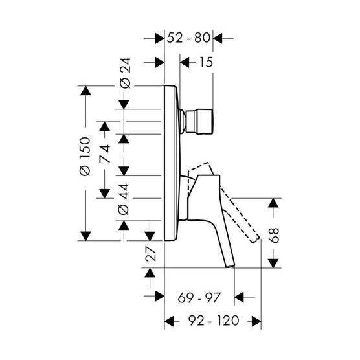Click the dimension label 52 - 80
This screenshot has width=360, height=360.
click(188, 38)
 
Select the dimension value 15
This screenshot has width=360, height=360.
click(206, 62)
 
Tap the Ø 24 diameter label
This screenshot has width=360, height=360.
click(126, 73)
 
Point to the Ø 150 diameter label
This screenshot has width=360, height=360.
click(85, 156)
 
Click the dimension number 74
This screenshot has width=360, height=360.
click(105, 153)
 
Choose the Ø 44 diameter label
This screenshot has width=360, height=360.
click(124, 199)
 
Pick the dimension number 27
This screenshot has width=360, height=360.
click(151, 254)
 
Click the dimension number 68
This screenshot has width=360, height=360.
click(274, 235)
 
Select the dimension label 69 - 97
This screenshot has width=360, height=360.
click(199, 298)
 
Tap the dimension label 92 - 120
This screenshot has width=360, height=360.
click(214, 321)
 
